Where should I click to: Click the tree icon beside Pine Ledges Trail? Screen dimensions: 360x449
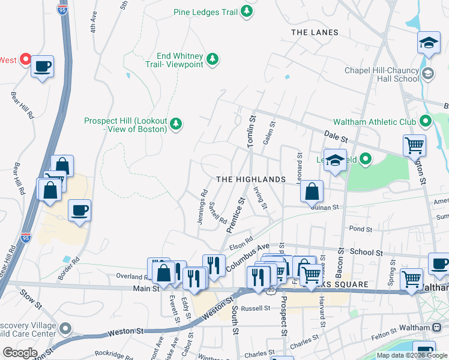click(246, 11)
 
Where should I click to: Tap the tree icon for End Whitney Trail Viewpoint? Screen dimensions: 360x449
click(211, 59)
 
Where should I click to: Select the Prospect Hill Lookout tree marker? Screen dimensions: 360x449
click(175, 124)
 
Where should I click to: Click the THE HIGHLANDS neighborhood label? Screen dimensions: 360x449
click(250, 179)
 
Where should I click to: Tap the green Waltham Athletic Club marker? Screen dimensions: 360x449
click(426, 122)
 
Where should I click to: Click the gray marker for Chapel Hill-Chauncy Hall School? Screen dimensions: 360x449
click(428, 74)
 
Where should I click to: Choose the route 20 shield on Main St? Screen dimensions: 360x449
click(271, 289)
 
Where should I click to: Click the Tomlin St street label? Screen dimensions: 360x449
click(252, 133)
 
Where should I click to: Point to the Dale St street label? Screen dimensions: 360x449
click(336, 136)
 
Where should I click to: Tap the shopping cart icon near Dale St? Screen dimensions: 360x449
click(414, 145)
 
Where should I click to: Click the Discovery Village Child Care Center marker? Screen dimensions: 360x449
click(65, 328)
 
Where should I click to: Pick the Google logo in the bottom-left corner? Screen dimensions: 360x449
click(20, 353)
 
